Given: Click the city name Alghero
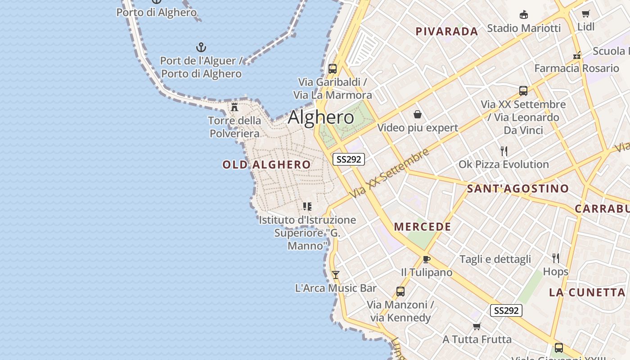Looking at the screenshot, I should click(x=321, y=117).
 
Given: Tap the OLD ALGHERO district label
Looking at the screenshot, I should click(x=266, y=165).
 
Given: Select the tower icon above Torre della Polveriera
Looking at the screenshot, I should click(x=234, y=107).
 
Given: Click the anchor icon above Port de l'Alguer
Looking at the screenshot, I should click(x=201, y=47).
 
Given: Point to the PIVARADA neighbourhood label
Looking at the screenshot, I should click(x=446, y=31).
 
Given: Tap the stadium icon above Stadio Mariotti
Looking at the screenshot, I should click(x=524, y=15).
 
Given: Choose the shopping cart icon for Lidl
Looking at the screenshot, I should click(x=585, y=13).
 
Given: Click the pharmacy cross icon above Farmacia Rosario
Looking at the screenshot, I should click(x=577, y=56).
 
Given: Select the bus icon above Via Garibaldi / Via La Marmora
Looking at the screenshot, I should click(x=333, y=69).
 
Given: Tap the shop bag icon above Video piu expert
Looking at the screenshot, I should click(x=418, y=114).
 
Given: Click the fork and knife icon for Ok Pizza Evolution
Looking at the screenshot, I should click(x=504, y=151).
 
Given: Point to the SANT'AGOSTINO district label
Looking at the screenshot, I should click(x=518, y=189).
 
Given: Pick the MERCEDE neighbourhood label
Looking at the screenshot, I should click(x=423, y=227).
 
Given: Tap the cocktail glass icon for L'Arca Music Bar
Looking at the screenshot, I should click(x=335, y=274).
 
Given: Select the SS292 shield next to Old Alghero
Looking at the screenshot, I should click(x=349, y=159).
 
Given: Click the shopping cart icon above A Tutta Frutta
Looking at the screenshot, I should click(x=477, y=326).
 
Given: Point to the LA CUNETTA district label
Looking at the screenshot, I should click(x=587, y=292).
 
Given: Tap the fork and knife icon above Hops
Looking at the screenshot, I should click(x=556, y=258).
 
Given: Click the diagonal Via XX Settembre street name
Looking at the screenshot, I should click(x=390, y=173).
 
